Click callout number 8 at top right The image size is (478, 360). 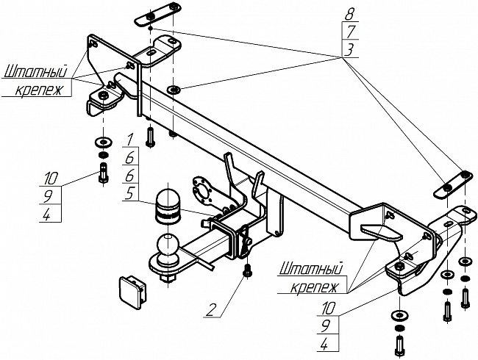point(349,12)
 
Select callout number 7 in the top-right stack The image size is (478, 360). point(349,30)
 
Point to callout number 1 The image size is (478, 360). point(129,139)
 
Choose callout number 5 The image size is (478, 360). point(129,194)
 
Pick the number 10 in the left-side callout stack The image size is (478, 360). point(50,178)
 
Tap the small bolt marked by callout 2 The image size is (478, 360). point(249,270)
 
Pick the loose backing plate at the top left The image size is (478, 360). point(157,16)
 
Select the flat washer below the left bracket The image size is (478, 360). point(101,140)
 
